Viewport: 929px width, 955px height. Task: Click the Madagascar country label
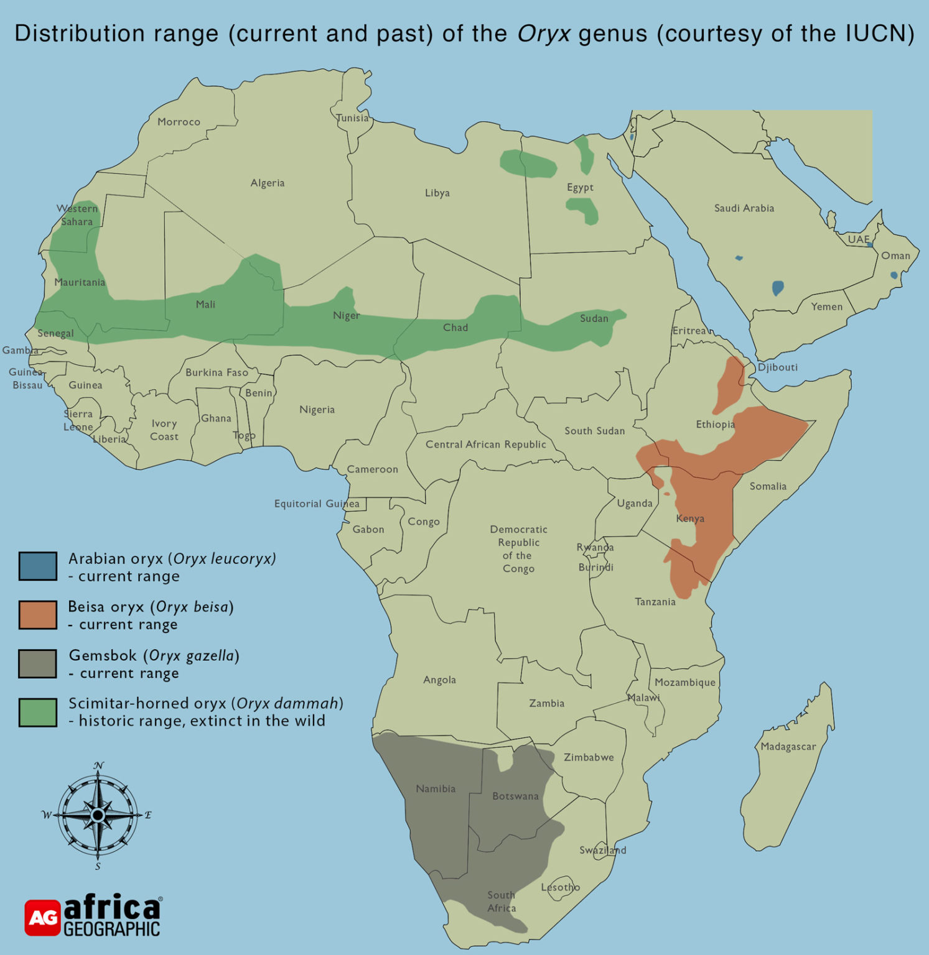coord(788,747)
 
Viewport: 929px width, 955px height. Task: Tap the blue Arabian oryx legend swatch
coord(38,566)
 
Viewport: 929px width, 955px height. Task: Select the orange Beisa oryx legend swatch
coord(38,615)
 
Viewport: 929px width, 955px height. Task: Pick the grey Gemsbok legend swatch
coord(38,663)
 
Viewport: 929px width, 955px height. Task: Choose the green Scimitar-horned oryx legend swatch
coord(38,713)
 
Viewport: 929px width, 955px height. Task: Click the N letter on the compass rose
coord(98,765)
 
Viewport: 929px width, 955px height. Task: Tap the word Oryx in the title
coord(543,34)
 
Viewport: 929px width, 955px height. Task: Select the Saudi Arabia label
coord(744,208)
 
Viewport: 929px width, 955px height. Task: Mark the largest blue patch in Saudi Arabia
coord(777,288)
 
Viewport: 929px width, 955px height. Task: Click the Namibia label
coord(436,789)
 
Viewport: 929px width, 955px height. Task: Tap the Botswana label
coord(515,796)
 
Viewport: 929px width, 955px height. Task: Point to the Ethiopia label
coord(715,425)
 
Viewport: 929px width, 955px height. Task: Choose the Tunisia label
coord(352,118)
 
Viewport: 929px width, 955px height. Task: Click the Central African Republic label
coord(485,445)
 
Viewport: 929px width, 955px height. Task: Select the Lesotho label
coord(560,887)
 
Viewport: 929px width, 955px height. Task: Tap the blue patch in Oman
coord(894,275)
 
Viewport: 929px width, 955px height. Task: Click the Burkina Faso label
coord(217,372)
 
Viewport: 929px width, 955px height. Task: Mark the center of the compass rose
coord(98,815)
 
